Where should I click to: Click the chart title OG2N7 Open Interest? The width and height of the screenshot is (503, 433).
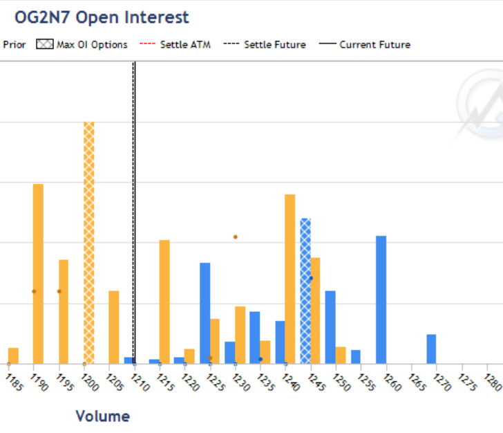102,17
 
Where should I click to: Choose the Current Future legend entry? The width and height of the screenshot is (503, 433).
366,44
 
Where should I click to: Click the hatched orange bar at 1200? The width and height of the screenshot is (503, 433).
88,242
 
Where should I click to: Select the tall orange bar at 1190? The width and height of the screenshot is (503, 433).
38,273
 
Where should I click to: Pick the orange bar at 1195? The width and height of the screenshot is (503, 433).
64,311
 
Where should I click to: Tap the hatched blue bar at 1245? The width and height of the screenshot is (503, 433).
305,291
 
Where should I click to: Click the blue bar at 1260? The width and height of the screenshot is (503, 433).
381,300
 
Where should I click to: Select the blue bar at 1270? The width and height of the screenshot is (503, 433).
431,349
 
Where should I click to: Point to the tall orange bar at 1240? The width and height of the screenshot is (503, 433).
290,278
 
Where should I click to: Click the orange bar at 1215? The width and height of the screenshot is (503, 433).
164,301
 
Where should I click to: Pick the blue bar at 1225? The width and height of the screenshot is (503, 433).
205,313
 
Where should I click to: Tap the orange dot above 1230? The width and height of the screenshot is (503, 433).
235,237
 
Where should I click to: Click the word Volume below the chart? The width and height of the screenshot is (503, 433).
102,416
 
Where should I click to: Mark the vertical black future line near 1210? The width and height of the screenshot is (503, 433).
134,208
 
